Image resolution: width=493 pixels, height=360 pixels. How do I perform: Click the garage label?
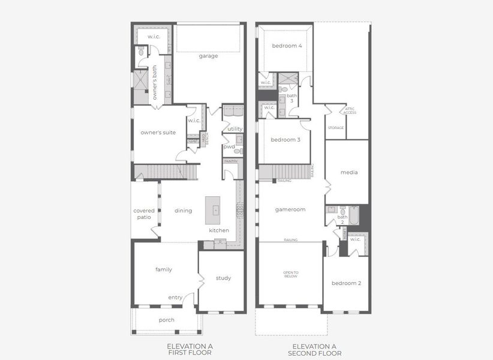pyautogui.click(x=209, y=56)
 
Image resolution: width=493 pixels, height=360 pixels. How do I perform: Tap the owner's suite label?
pyautogui.click(x=158, y=133)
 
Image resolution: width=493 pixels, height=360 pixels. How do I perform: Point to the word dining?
pyautogui.click(x=183, y=211)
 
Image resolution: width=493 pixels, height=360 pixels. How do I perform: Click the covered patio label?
pyautogui.click(x=144, y=214)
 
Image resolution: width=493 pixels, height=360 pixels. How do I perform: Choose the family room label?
pyautogui.click(x=164, y=270)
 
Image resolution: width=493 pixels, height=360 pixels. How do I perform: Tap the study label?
pyautogui.click(x=223, y=278)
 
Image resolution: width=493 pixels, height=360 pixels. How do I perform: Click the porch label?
pyautogui.click(x=167, y=320)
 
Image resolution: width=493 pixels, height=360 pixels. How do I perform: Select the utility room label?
pyautogui.click(x=235, y=129)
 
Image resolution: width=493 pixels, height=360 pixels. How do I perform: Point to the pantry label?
pyautogui.click(x=231, y=161)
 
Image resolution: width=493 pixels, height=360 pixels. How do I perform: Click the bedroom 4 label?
pyautogui.click(x=287, y=46)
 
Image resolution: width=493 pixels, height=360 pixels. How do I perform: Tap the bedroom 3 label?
pyautogui.click(x=285, y=140)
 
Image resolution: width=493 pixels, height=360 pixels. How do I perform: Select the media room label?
pyautogui.click(x=349, y=173)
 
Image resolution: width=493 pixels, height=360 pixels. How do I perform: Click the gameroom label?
pyautogui.click(x=290, y=210)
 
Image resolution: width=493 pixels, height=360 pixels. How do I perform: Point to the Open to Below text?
pyautogui.click(x=290, y=275)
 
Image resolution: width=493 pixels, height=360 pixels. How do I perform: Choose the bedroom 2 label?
pyautogui.click(x=346, y=283)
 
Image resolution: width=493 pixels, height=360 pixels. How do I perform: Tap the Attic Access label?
pyautogui.click(x=350, y=111)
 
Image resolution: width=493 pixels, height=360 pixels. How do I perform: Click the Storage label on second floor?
pyautogui.click(x=336, y=128)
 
